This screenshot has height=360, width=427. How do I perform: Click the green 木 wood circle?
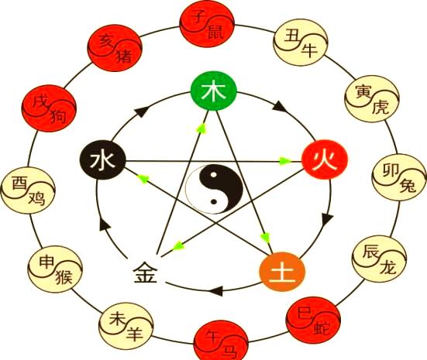point(214,91)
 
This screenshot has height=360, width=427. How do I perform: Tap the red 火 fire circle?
point(325,159)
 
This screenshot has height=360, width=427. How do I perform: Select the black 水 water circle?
point(102,159)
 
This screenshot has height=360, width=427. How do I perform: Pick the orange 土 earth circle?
point(282,272)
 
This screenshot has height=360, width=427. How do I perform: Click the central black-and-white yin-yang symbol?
point(214,189)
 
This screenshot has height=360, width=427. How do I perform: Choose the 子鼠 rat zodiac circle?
point(207,24)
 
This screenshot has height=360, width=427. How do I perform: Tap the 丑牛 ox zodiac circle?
point(301,42)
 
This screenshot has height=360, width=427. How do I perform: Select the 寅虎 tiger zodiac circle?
point(372,99)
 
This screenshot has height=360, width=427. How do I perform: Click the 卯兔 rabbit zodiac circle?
point(399,177)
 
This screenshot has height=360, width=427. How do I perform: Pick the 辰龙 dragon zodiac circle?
point(380,259)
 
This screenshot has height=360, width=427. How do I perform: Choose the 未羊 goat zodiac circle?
point(126,326)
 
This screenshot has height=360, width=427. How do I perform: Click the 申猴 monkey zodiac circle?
point(55,269)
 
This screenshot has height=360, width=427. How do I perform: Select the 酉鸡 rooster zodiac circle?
point(28,190)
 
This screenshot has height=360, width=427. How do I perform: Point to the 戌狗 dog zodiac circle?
point(49,108)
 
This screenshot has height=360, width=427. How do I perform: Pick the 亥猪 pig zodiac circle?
point(115,48)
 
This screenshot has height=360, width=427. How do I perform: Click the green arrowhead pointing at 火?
point(285,161)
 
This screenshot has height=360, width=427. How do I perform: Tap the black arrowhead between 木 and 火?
point(280,106)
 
